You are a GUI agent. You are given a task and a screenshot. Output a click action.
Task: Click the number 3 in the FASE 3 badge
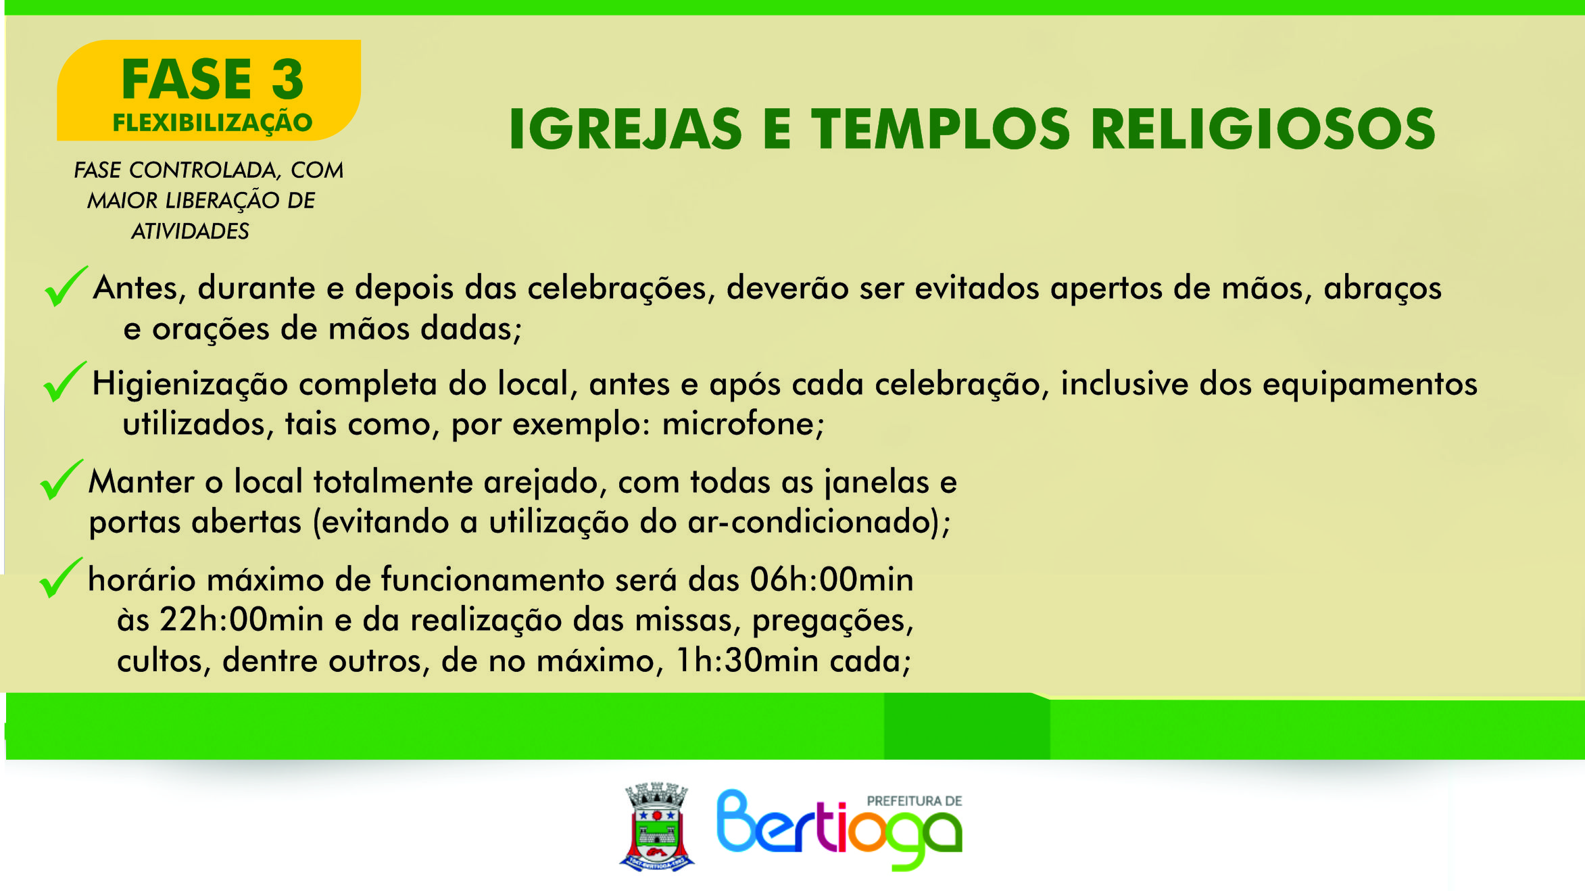(x=288, y=80)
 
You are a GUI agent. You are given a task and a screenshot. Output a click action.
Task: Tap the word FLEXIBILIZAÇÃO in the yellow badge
(x=212, y=123)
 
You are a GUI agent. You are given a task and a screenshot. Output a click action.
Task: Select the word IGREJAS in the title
(x=625, y=129)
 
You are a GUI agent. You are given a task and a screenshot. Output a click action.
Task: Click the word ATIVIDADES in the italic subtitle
(x=190, y=231)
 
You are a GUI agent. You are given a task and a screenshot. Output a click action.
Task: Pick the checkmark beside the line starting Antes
(x=66, y=286)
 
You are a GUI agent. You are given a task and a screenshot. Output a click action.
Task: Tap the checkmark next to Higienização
(x=64, y=381)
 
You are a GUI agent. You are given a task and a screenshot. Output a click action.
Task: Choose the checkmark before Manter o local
(x=62, y=479)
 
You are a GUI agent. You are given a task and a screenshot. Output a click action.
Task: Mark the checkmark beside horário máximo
(x=61, y=577)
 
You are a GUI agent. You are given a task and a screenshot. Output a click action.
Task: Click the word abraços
(x=1382, y=289)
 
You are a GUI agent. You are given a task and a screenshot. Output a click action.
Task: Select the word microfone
(x=743, y=425)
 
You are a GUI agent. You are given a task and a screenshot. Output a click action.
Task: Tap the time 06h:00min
(x=831, y=580)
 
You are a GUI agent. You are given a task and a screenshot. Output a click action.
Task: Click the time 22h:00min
(x=241, y=620)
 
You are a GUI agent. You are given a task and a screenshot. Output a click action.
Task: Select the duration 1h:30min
(x=748, y=660)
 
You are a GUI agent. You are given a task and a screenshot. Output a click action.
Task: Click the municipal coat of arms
(x=657, y=827)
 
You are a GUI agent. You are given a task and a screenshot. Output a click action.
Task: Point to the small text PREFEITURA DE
(x=915, y=801)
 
